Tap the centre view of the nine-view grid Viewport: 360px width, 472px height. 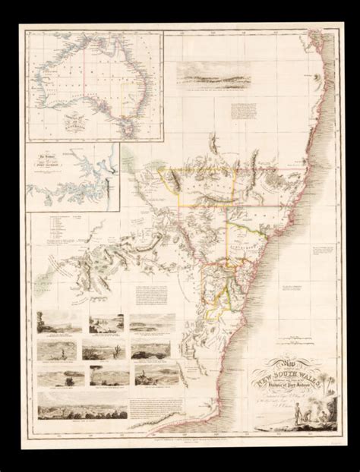[x=99, y=348]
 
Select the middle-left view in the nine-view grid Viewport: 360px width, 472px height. [x=55, y=348]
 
